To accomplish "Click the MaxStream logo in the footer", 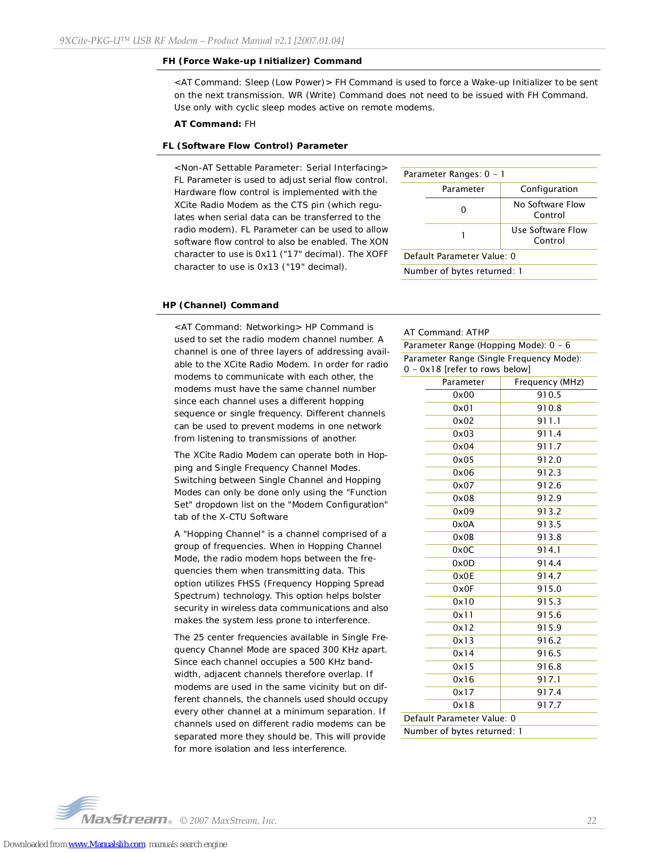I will pos(113,811).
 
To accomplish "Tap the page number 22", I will pos(591,820).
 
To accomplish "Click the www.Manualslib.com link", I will pos(107,844).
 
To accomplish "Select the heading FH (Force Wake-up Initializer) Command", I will pos(262,61).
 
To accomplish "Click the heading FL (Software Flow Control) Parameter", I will pos(255,146).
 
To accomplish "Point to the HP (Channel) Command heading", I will pos(221,305).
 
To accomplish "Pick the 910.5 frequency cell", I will pos(549,395).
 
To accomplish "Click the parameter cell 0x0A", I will pos(463,524).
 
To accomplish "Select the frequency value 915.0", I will pos(549,589).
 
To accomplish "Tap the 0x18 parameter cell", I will pos(463,705).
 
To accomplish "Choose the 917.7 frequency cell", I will pos(549,705).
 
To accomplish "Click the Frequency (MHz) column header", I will pos(549,382).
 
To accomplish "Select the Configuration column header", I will pos(549,189).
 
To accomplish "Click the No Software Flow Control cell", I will pos(549,210).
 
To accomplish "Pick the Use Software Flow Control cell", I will pos(549,235).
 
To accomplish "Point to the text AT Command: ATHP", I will pos(446,332).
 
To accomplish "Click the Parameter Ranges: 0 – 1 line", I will pos(454,174).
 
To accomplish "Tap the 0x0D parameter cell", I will pos(463,563).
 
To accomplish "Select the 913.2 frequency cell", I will pos(549,511).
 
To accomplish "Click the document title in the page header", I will pos(202,41).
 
